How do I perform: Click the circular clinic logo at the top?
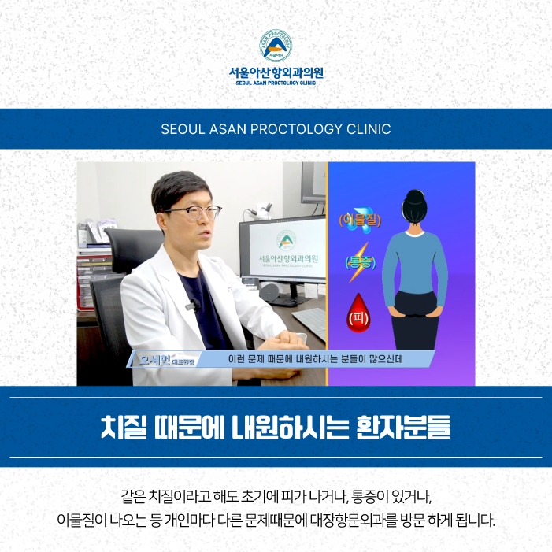[276, 46]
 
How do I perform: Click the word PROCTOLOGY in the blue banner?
[296, 129]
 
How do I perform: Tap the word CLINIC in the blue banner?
[369, 129]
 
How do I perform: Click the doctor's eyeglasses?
[194, 213]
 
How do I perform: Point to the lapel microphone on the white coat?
[192, 304]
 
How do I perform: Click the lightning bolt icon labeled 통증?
[359, 262]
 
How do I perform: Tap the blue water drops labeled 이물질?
[359, 220]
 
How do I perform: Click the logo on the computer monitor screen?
[286, 240]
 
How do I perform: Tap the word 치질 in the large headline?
[124, 428]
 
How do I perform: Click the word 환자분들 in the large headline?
[403, 428]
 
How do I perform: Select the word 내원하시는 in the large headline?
[290, 428]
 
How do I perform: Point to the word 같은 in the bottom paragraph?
[133, 496]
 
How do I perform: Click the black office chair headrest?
[133, 249]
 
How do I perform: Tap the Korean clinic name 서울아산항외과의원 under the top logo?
[276, 73]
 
